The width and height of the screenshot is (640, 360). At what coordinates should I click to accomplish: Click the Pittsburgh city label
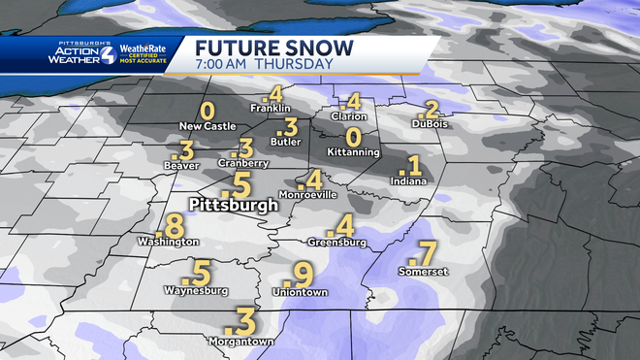pos(233,206)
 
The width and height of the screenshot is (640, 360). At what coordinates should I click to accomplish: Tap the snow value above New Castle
pos(207,112)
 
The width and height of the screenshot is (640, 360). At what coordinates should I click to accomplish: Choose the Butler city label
pos(285,142)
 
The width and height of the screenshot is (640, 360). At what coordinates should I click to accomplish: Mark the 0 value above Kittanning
pos(354,138)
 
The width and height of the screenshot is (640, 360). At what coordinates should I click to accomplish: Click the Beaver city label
pos(181,166)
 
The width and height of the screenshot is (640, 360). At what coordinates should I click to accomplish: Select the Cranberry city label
pos(243,163)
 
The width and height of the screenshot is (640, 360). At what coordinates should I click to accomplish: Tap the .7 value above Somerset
pos(424,255)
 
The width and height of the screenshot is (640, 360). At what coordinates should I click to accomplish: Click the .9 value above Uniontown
pos(303,276)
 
